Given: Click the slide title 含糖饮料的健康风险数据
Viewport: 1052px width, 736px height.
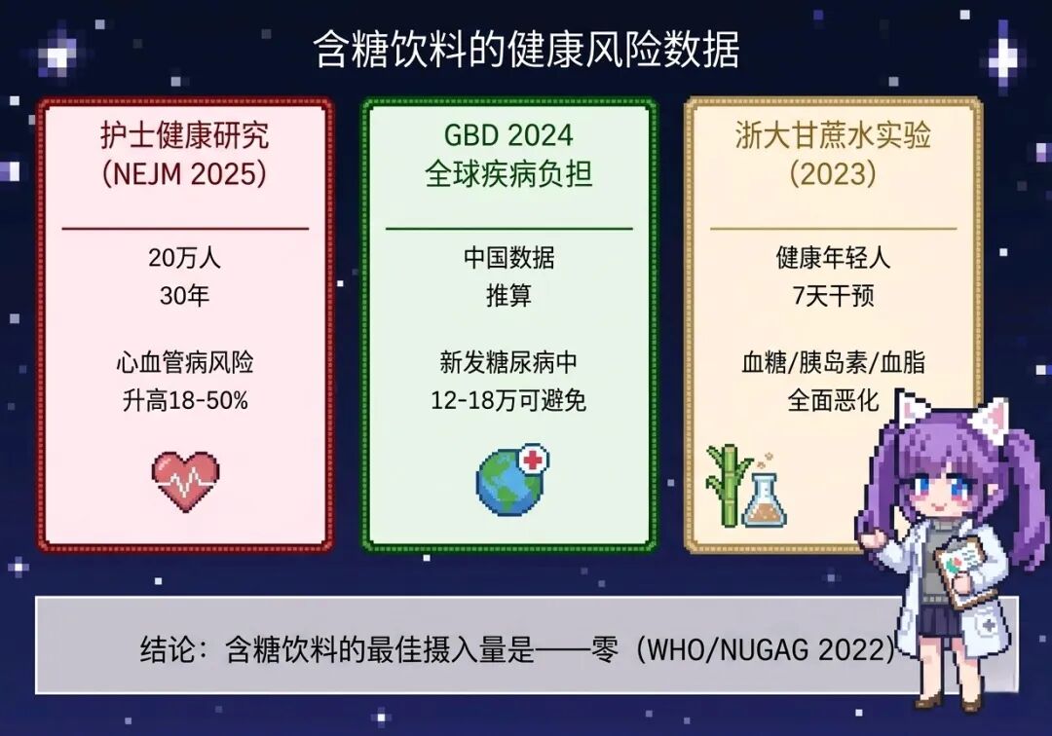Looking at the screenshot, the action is [x=526, y=50].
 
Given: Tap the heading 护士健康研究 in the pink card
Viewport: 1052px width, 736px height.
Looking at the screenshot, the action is [x=184, y=135].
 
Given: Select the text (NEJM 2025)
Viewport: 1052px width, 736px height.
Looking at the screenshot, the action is [x=184, y=174].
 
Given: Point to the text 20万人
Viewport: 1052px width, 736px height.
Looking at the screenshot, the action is [x=184, y=257].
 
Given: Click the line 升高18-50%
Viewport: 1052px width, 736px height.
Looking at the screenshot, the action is [x=185, y=401].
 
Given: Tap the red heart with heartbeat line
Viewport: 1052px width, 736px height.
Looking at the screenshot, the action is [x=185, y=480].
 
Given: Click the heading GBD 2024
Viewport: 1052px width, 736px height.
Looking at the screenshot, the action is [x=508, y=135].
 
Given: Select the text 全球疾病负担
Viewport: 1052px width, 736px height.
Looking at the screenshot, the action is [x=508, y=174].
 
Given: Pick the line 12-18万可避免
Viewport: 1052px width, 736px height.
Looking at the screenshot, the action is [x=508, y=401].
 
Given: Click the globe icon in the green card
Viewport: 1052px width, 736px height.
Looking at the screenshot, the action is [x=509, y=481].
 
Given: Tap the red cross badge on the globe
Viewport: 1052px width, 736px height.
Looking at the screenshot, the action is [x=534, y=460].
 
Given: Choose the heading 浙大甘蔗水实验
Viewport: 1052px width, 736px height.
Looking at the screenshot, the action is [x=833, y=135].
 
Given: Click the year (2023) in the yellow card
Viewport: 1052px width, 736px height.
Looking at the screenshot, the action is [x=833, y=174].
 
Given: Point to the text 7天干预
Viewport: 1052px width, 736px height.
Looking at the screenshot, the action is [x=833, y=296].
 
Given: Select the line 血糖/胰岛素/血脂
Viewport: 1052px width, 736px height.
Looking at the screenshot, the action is [x=833, y=362].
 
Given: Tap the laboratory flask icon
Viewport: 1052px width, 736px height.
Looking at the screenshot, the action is [x=765, y=497].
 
